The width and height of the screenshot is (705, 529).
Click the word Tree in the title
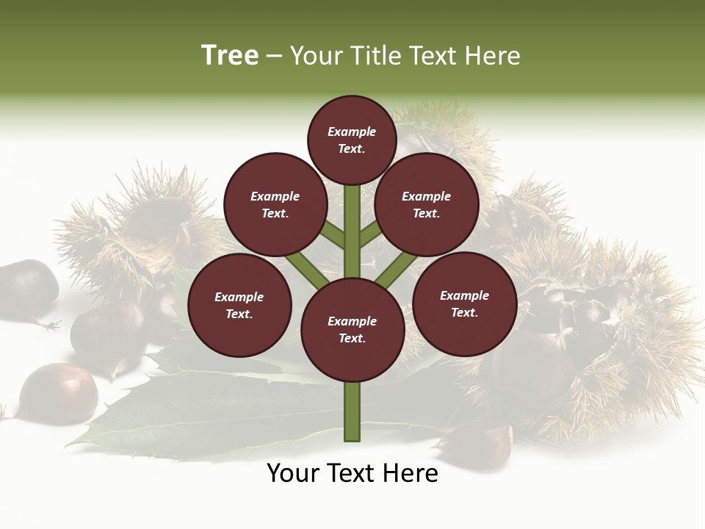tap(230, 56)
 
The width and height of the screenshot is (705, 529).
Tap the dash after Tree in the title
tap(275, 57)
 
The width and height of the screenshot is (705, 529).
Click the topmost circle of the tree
tap(352, 140)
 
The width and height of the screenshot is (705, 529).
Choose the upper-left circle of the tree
tap(275, 204)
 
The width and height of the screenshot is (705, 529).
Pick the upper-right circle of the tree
tap(427, 204)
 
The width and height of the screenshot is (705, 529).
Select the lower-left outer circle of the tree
tap(239, 305)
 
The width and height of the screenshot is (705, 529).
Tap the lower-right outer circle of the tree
tap(464, 303)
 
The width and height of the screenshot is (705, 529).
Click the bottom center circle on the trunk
tap(352, 329)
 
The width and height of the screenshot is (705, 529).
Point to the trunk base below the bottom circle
tap(352, 411)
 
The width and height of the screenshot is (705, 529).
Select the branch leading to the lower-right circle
tap(397, 268)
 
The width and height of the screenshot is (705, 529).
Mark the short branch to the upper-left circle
tap(333, 234)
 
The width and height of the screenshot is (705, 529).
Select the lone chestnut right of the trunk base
tap(477, 444)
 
